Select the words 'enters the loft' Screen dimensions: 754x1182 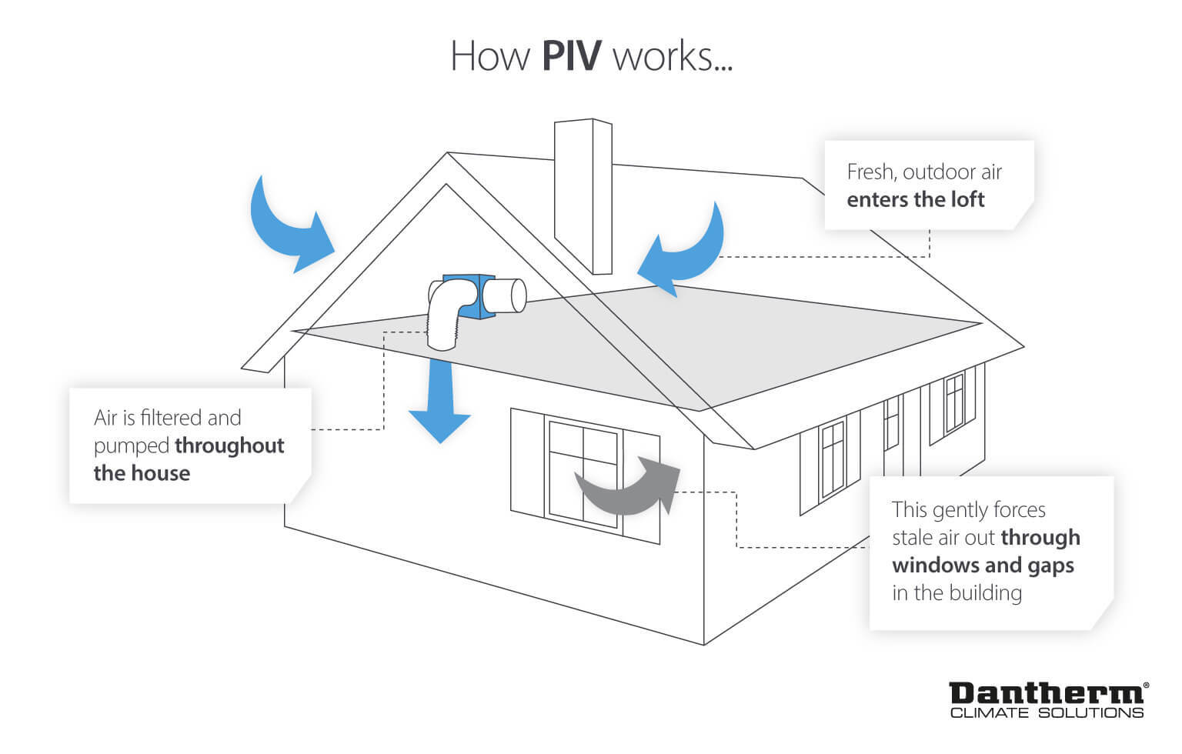point(915,200)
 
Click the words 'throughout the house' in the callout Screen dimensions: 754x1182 point(189,459)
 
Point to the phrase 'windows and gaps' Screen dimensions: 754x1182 point(983,565)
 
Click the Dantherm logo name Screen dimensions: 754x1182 point(1046,692)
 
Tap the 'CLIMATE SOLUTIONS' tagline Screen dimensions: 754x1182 point(1047,712)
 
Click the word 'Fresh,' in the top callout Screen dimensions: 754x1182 point(871,172)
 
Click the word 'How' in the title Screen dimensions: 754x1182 point(490,56)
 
